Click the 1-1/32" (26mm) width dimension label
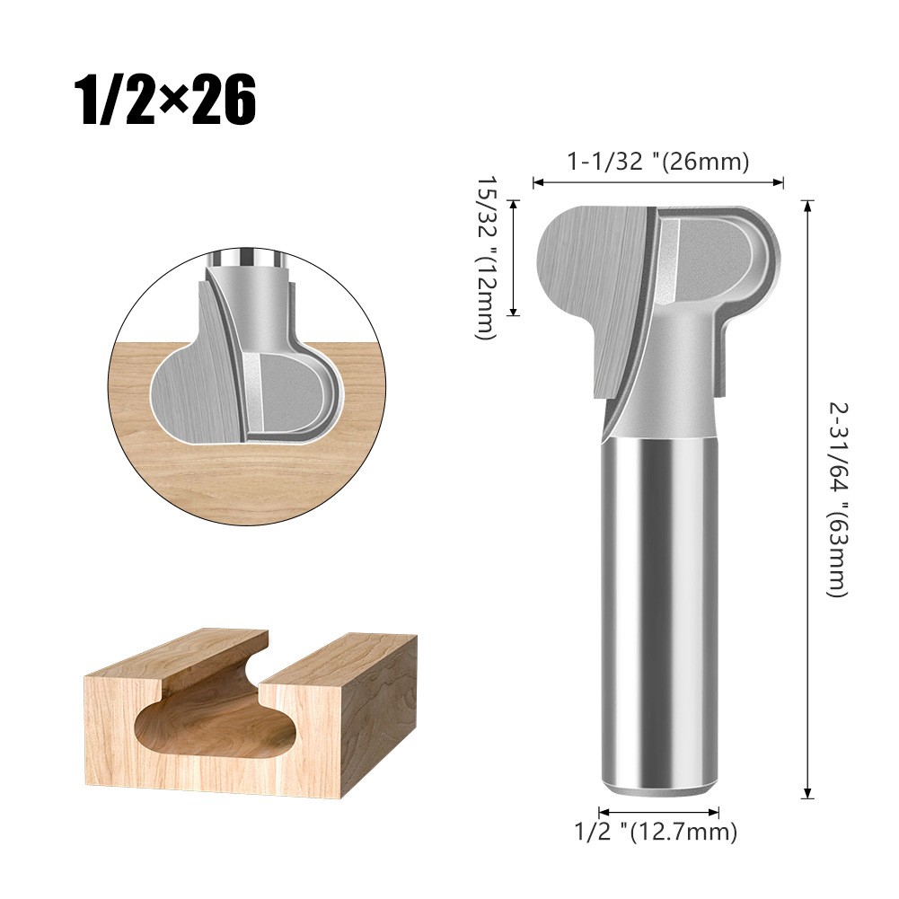click(x=657, y=162)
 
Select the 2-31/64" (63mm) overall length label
click(x=836, y=499)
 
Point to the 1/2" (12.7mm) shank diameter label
click(x=656, y=831)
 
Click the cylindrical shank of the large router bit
click(x=659, y=611)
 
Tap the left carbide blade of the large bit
click(x=593, y=269)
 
